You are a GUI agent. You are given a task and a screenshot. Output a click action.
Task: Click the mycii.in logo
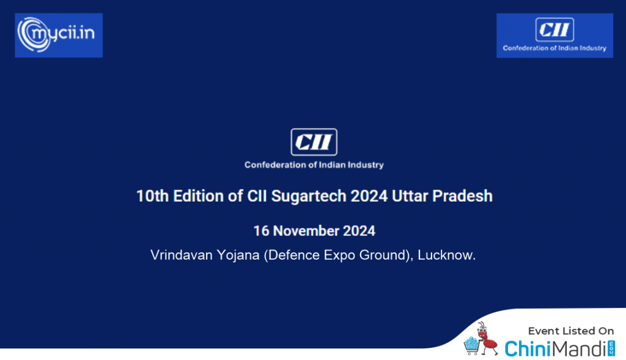(59, 35)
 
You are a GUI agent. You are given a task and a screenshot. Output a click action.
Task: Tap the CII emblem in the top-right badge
(554, 29)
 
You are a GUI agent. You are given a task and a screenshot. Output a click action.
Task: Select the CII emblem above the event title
(314, 142)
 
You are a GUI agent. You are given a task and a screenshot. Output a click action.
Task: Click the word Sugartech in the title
(309, 196)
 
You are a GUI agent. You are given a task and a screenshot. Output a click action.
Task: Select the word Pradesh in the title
(462, 196)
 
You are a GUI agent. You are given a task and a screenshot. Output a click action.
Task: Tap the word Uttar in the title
(410, 196)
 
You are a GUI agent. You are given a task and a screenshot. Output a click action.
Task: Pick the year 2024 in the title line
(369, 196)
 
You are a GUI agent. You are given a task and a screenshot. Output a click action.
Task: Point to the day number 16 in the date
(262, 230)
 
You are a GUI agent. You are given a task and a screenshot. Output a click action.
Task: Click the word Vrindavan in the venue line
(181, 255)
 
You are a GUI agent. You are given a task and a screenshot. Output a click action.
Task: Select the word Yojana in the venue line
(238, 255)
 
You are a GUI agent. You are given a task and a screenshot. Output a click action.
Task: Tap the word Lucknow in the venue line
(445, 255)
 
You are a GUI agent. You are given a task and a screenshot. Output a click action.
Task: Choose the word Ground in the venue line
(383, 255)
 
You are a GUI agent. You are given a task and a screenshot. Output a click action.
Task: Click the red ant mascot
(486, 339)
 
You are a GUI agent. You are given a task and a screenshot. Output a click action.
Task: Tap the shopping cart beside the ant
(471, 345)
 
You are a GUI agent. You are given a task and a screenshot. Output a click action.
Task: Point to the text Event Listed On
(571, 331)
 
